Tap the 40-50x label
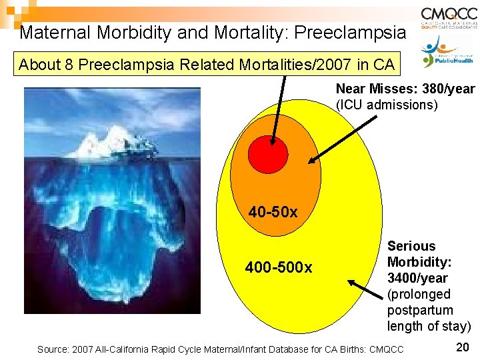click(273, 213)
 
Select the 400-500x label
click(279, 268)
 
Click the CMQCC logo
click(449, 18)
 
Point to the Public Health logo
click(449, 52)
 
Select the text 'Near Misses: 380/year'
click(405, 89)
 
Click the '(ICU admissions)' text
click(387, 105)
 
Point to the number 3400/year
click(417, 278)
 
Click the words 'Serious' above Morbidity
click(411, 246)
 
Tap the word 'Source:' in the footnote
click(53, 349)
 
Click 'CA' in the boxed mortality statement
click(382, 65)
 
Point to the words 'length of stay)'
click(429, 326)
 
